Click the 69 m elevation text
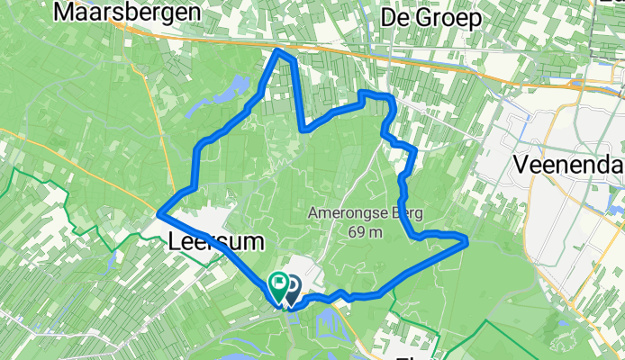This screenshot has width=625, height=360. [367, 232]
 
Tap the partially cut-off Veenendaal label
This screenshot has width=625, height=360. [567, 166]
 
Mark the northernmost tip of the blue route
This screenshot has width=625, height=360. [278, 51]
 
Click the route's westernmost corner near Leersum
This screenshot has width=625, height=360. [159, 213]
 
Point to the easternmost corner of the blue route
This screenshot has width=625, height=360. [466, 239]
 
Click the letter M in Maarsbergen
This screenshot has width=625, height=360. [66, 13]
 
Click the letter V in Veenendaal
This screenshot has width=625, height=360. [521, 166]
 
